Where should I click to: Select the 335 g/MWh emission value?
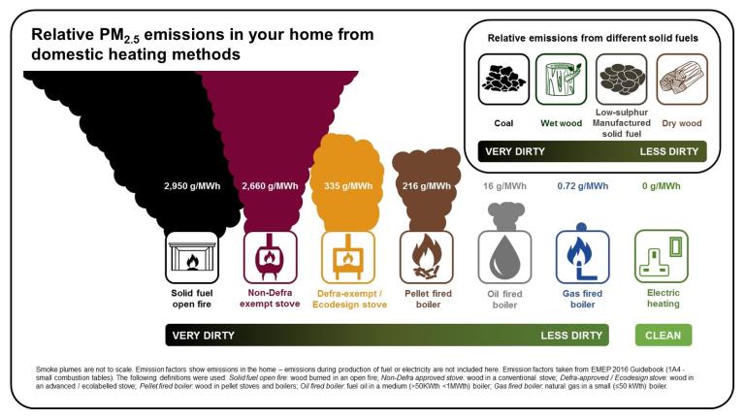point(347,186)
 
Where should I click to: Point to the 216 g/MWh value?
point(425,186)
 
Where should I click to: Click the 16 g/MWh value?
point(504,186)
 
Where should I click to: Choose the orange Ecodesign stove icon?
point(348,257)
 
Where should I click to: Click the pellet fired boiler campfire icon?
point(427,257)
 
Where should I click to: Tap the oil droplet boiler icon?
point(504,257)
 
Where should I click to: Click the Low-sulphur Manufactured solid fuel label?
point(622,124)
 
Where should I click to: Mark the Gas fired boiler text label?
point(582,298)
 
